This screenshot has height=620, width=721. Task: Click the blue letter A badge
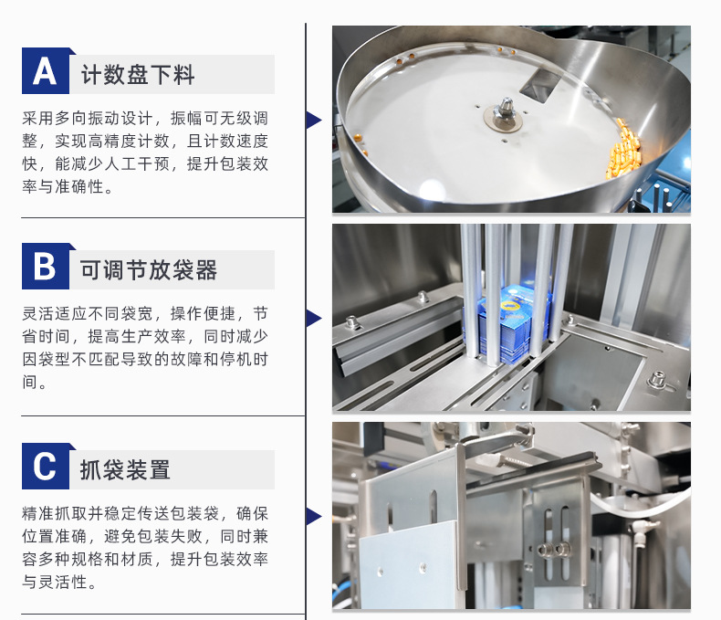[46, 71]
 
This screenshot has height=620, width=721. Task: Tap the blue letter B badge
[46, 267]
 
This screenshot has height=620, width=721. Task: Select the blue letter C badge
[46, 466]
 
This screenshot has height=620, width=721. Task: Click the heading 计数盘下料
[138, 75]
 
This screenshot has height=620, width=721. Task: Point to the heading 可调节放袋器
[149, 270]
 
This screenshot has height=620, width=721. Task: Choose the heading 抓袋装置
[125, 470]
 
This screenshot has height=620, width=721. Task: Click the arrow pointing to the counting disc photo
[314, 120]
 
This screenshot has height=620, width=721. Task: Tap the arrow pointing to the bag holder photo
[314, 319]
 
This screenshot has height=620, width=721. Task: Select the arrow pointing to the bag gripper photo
[314, 517]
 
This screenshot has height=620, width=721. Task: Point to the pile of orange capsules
[622, 149]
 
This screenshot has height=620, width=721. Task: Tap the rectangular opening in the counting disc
[539, 85]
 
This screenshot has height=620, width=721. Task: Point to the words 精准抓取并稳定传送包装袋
[120, 514]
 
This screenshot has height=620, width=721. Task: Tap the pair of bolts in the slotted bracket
[555, 549]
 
